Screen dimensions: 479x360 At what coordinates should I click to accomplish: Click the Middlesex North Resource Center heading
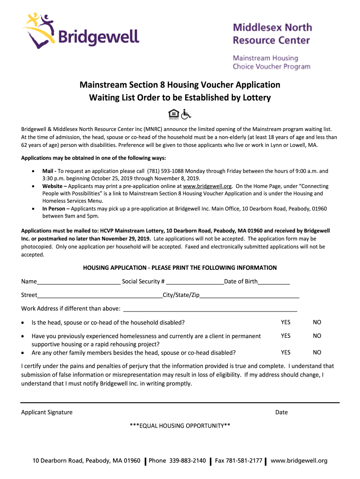[x=272, y=34]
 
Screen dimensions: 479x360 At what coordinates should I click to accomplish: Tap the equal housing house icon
[x=173, y=114]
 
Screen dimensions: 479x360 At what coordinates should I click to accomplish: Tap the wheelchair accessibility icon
[x=186, y=114]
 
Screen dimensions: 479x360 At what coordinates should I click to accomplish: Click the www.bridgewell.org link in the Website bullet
[x=208, y=186]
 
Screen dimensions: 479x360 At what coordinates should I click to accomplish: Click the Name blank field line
[x=78, y=283]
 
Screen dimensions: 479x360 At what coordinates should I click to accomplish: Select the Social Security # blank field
[x=195, y=283]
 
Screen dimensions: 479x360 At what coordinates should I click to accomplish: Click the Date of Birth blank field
[x=274, y=283]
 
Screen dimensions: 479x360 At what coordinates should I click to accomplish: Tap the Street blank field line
[x=100, y=296]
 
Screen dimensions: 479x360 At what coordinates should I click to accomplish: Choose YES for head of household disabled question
[x=286, y=322]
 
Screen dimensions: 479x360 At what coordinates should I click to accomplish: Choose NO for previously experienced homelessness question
[x=317, y=336]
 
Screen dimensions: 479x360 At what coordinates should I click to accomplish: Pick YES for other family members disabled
[x=286, y=352]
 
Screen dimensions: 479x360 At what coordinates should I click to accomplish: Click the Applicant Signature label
[x=47, y=412]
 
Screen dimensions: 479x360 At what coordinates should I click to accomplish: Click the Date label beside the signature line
[x=281, y=412]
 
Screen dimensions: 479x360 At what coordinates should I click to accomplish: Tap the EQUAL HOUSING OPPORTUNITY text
[x=180, y=426]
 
